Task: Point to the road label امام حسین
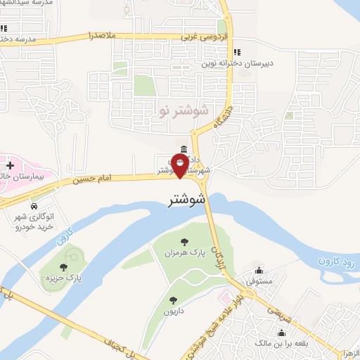point(91,180)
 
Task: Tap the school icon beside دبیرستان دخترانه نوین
point(237,52)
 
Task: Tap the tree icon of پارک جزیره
point(64,267)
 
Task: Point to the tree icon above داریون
point(173,281)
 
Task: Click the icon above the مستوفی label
point(259,270)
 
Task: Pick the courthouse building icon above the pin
point(184,149)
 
